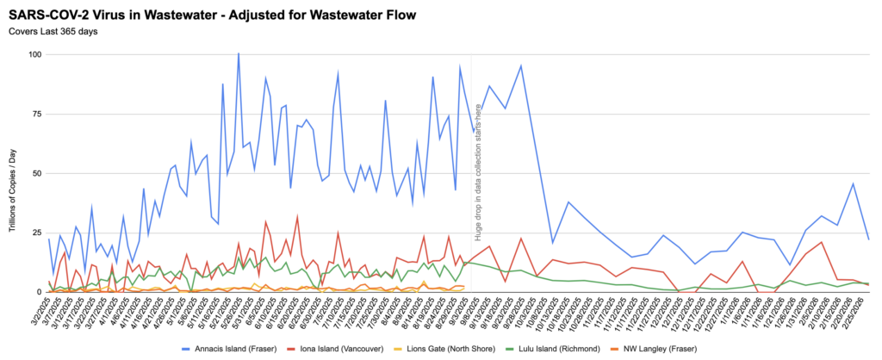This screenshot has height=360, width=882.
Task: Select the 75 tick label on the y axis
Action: [x=35, y=115]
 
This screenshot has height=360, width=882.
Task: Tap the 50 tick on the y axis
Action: [x=35, y=174]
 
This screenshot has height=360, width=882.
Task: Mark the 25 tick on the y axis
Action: [x=35, y=233]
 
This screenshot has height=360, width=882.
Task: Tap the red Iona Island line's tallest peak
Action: [x=297, y=216]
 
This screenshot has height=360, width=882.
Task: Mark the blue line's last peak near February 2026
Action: [x=853, y=183]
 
